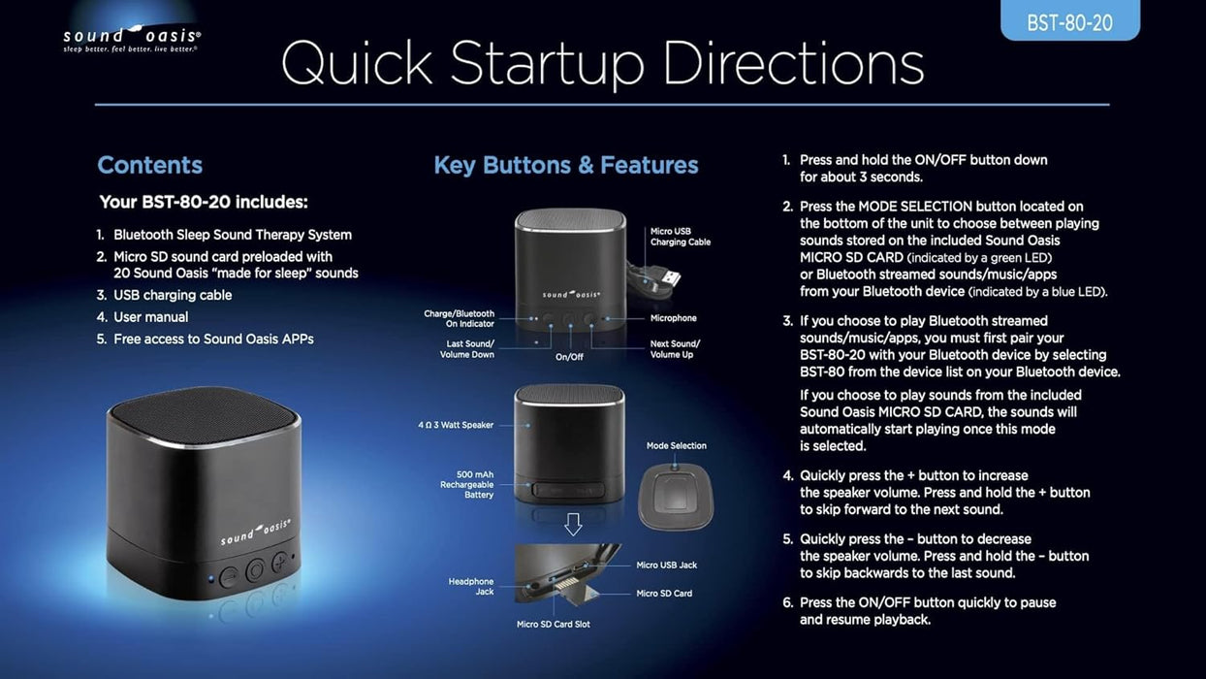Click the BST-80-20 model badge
(x=1069, y=20)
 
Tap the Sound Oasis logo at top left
(x=132, y=39)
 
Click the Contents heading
(x=149, y=165)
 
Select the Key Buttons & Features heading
(x=566, y=165)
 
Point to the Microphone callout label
(x=673, y=318)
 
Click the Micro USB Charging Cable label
(x=680, y=237)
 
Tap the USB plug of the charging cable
(x=670, y=278)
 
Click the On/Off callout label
(x=569, y=357)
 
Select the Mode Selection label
(x=677, y=445)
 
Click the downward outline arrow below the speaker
(x=573, y=524)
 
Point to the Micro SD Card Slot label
(x=553, y=624)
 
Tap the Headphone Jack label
(x=471, y=586)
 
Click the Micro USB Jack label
(x=667, y=565)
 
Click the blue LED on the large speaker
(x=211, y=579)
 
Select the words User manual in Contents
(x=151, y=317)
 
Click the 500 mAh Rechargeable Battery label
(x=466, y=484)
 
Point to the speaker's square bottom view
(x=676, y=497)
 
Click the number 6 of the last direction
(x=787, y=602)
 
